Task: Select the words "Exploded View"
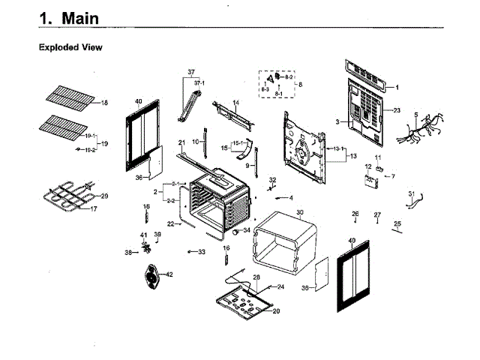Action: pyautogui.click(x=70, y=47)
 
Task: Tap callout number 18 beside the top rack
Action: pyautogui.click(x=104, y=103)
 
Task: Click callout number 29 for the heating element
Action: pyautogui.click(x=104, y=196)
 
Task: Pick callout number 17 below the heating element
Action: pyautogui.click(x=94, y=209)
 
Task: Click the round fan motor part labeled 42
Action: pyautogui.click(x=153, y=278)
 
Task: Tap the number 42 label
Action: pyautogui.click(x=169, y=274)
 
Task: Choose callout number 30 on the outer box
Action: pyautogui.click(x=299, y=212)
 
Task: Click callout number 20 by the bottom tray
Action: pyautogui.click(x=275, y=310)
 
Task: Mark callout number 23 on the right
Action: pyautogui.click(x=397, y=110)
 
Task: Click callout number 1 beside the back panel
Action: pyautogui.click(x=397, y=88)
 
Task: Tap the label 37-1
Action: pyautogui.click(x=199, y=82)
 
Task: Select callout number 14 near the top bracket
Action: pyautogui.click(x=235, y=103)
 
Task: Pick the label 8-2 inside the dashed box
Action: pyautogui.click(x=289, y=77)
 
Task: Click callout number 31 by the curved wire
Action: pyautogui.click(x=410, y=194)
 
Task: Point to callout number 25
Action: pyautogui.click(x=397, y=223)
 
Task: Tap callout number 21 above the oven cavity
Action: pyautogui.click(x=181, y=142)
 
